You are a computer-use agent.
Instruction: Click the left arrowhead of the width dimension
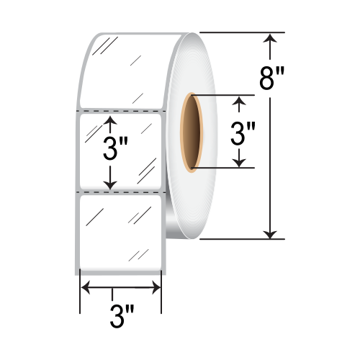(84, 289)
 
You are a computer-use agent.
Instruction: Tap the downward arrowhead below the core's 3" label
(238, 162)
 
